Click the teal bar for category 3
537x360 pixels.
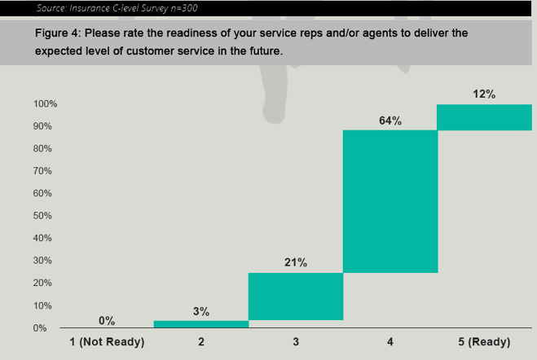pyautogui.click(x=296, y=296)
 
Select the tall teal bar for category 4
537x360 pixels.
pyautogui.click(x=390, y=201)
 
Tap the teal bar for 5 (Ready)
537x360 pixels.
pyautogui.click(x=484, y=117)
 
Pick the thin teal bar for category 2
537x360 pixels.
pyautogui.click(x=201, y=324)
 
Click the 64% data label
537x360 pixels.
pyautogui.click(x=390, y=121)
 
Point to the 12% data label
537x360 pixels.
pyautogui.click(x=484, y=94)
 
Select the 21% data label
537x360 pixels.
pyautogui.click(x=296, y=262)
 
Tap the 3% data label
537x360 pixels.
pyautogui.click(x=201, y=311)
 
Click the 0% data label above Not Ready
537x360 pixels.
pyautogui.click(x=107, y=321)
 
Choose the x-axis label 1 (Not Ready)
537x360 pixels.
pyautogui.click(x=107, y=342)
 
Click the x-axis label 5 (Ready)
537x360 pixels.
pyautogui.click(x=484, y=342)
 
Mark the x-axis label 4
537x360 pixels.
pyautogui.click(x=390, y=342)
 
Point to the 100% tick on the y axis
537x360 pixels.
pyautogui.click(x=45, y=104)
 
